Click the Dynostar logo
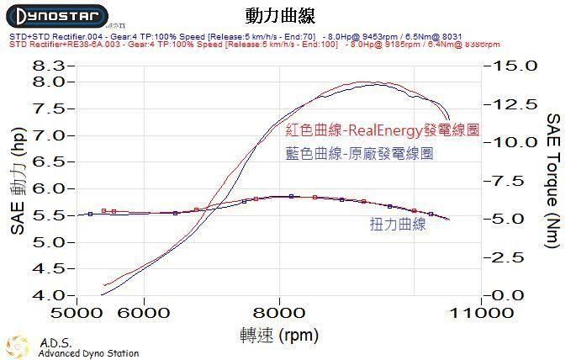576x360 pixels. coord(57,17)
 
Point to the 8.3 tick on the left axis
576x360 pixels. coord(47,66)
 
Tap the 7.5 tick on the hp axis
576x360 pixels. coord(47,109)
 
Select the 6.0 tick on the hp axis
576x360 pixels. coord(47,188)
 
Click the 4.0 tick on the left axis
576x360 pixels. coord(47,295)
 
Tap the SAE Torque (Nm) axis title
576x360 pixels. coord(554,180)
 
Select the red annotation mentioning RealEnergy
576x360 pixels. coord(382,131)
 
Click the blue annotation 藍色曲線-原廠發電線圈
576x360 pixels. coord(359,154)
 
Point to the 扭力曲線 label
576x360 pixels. coord(398,225)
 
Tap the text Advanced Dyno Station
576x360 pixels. coord(87,353)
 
